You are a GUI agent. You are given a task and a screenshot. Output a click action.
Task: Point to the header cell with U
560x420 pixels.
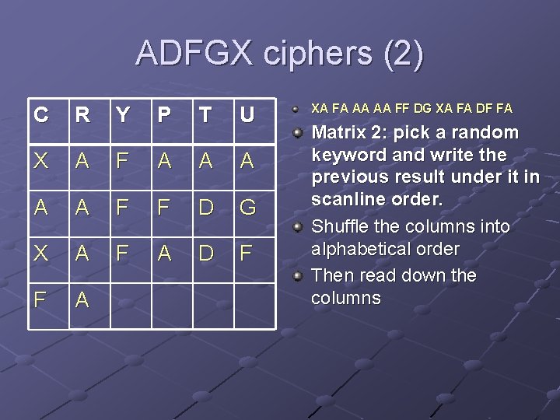point(247,115)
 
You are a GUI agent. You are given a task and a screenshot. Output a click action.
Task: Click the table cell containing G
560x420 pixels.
point(247,208)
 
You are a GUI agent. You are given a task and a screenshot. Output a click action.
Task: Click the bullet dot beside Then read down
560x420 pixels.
point(299,276)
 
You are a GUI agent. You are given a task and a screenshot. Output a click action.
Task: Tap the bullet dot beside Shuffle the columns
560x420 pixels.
point(299,227)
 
